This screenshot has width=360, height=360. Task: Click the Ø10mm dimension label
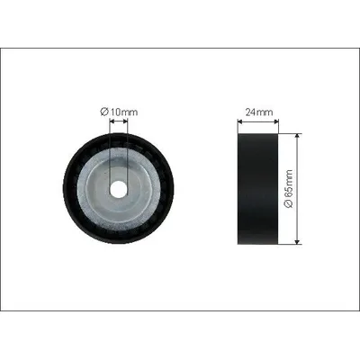(x=119, y=112)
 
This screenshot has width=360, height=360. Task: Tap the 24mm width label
(x=259, y=112)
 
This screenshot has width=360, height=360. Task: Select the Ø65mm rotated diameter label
(x=288, y=189)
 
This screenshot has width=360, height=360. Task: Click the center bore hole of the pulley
(x=118, y=189)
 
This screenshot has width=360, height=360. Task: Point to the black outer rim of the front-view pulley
(x=68, y=189)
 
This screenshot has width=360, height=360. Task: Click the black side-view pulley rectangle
(x=257, y=189)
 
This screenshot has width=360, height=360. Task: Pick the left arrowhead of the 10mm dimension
(x=112, y=121)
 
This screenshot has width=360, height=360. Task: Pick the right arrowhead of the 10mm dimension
(x=125, y=121)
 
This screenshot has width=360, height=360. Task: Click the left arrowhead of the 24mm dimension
(x=240, y=121)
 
